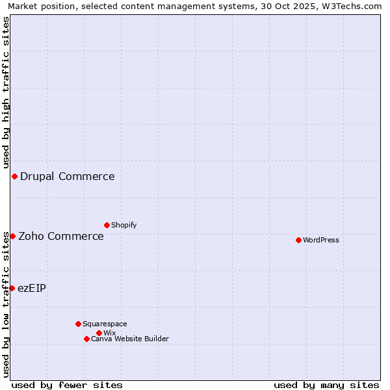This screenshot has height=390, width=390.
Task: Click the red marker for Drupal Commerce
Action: (14, 176)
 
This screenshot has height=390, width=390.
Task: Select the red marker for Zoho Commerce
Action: (12, 236)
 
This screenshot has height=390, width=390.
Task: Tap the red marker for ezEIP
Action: (12, 288)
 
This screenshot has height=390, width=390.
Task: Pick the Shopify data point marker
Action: (107, 225)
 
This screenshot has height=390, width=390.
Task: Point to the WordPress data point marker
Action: (298, 240)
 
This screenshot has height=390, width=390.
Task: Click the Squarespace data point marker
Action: (78, 324)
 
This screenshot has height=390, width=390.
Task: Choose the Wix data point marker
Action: (99, 333)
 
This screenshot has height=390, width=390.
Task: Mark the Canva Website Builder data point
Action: (86, 339)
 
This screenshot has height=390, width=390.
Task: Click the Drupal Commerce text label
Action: (68, 176)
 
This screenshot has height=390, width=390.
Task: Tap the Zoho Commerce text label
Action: (61, 236)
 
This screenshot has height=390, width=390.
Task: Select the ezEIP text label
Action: (32, 288)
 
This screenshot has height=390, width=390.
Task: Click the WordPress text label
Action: (321, 240)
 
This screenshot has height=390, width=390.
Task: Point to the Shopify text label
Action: (124, 225)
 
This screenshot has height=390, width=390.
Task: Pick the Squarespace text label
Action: (105, 324)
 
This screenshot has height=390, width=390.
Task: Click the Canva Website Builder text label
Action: (130, 339)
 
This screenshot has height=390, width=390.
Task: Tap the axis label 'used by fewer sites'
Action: (67, 385)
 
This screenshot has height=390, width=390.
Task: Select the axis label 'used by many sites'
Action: (326, 385)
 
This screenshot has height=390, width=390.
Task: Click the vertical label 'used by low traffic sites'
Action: (6, 304)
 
